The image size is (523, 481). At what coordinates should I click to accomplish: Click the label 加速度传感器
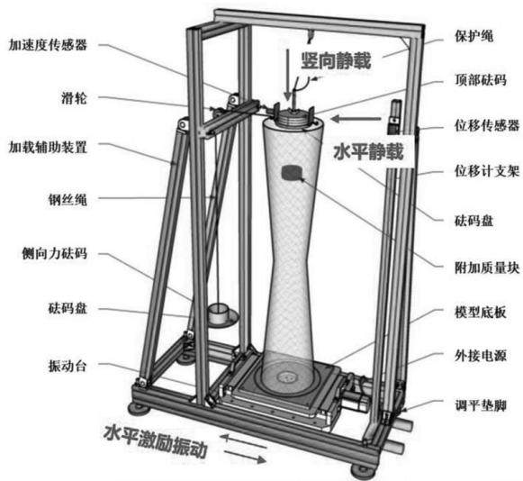48,45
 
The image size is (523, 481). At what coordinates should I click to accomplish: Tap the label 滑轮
74,98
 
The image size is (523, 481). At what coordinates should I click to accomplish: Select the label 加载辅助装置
48,147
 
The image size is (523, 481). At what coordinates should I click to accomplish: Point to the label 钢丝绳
68,199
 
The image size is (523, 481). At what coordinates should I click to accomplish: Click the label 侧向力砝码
54,253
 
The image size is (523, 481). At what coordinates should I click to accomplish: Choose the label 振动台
68,367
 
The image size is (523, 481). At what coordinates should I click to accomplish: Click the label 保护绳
474,36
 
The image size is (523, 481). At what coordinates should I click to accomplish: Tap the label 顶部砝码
481,80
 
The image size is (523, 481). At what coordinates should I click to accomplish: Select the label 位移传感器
487,125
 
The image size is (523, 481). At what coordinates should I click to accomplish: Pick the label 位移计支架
487,171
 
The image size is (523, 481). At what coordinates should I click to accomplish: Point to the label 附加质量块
487,268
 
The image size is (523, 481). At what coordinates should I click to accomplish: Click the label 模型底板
481,312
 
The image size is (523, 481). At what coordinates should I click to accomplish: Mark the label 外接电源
481,356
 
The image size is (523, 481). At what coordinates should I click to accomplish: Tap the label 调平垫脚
481,406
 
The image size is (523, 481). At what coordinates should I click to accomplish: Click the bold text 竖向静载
337,60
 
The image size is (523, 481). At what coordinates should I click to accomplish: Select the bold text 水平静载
368,151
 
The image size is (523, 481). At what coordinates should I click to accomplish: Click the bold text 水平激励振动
156,440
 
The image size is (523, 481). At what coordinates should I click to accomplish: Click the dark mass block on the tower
292,173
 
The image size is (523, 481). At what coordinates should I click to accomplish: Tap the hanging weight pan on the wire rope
221,315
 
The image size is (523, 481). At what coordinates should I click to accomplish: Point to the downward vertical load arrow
287,75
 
